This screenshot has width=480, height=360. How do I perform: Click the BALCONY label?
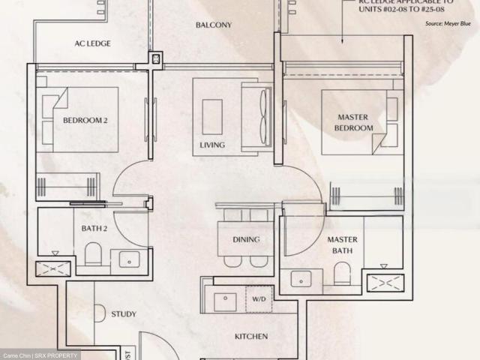click(x=214, y=25)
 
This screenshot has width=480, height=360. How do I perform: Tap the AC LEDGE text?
click(x=92, y=43)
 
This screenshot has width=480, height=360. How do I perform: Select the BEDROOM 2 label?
click(x=85, y=120)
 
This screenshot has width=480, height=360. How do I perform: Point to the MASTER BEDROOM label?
click(x=355, y=122)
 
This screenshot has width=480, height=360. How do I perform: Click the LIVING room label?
click(x=212, y=145)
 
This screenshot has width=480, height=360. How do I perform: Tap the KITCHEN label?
click(x=250, y=337)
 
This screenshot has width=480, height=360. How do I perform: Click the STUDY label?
click(x=124, y=314)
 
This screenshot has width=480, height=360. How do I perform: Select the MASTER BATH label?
click(x=342, y=245)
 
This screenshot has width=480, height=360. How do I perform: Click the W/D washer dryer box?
click(x=259, y=298)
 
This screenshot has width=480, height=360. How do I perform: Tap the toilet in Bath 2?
click(x=93, y=255)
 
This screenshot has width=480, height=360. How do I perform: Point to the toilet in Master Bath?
click(x=342, y=273)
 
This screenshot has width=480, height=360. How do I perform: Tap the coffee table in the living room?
click(x=212, y=116)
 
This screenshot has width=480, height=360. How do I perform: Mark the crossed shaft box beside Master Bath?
click(x=385, y=283)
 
